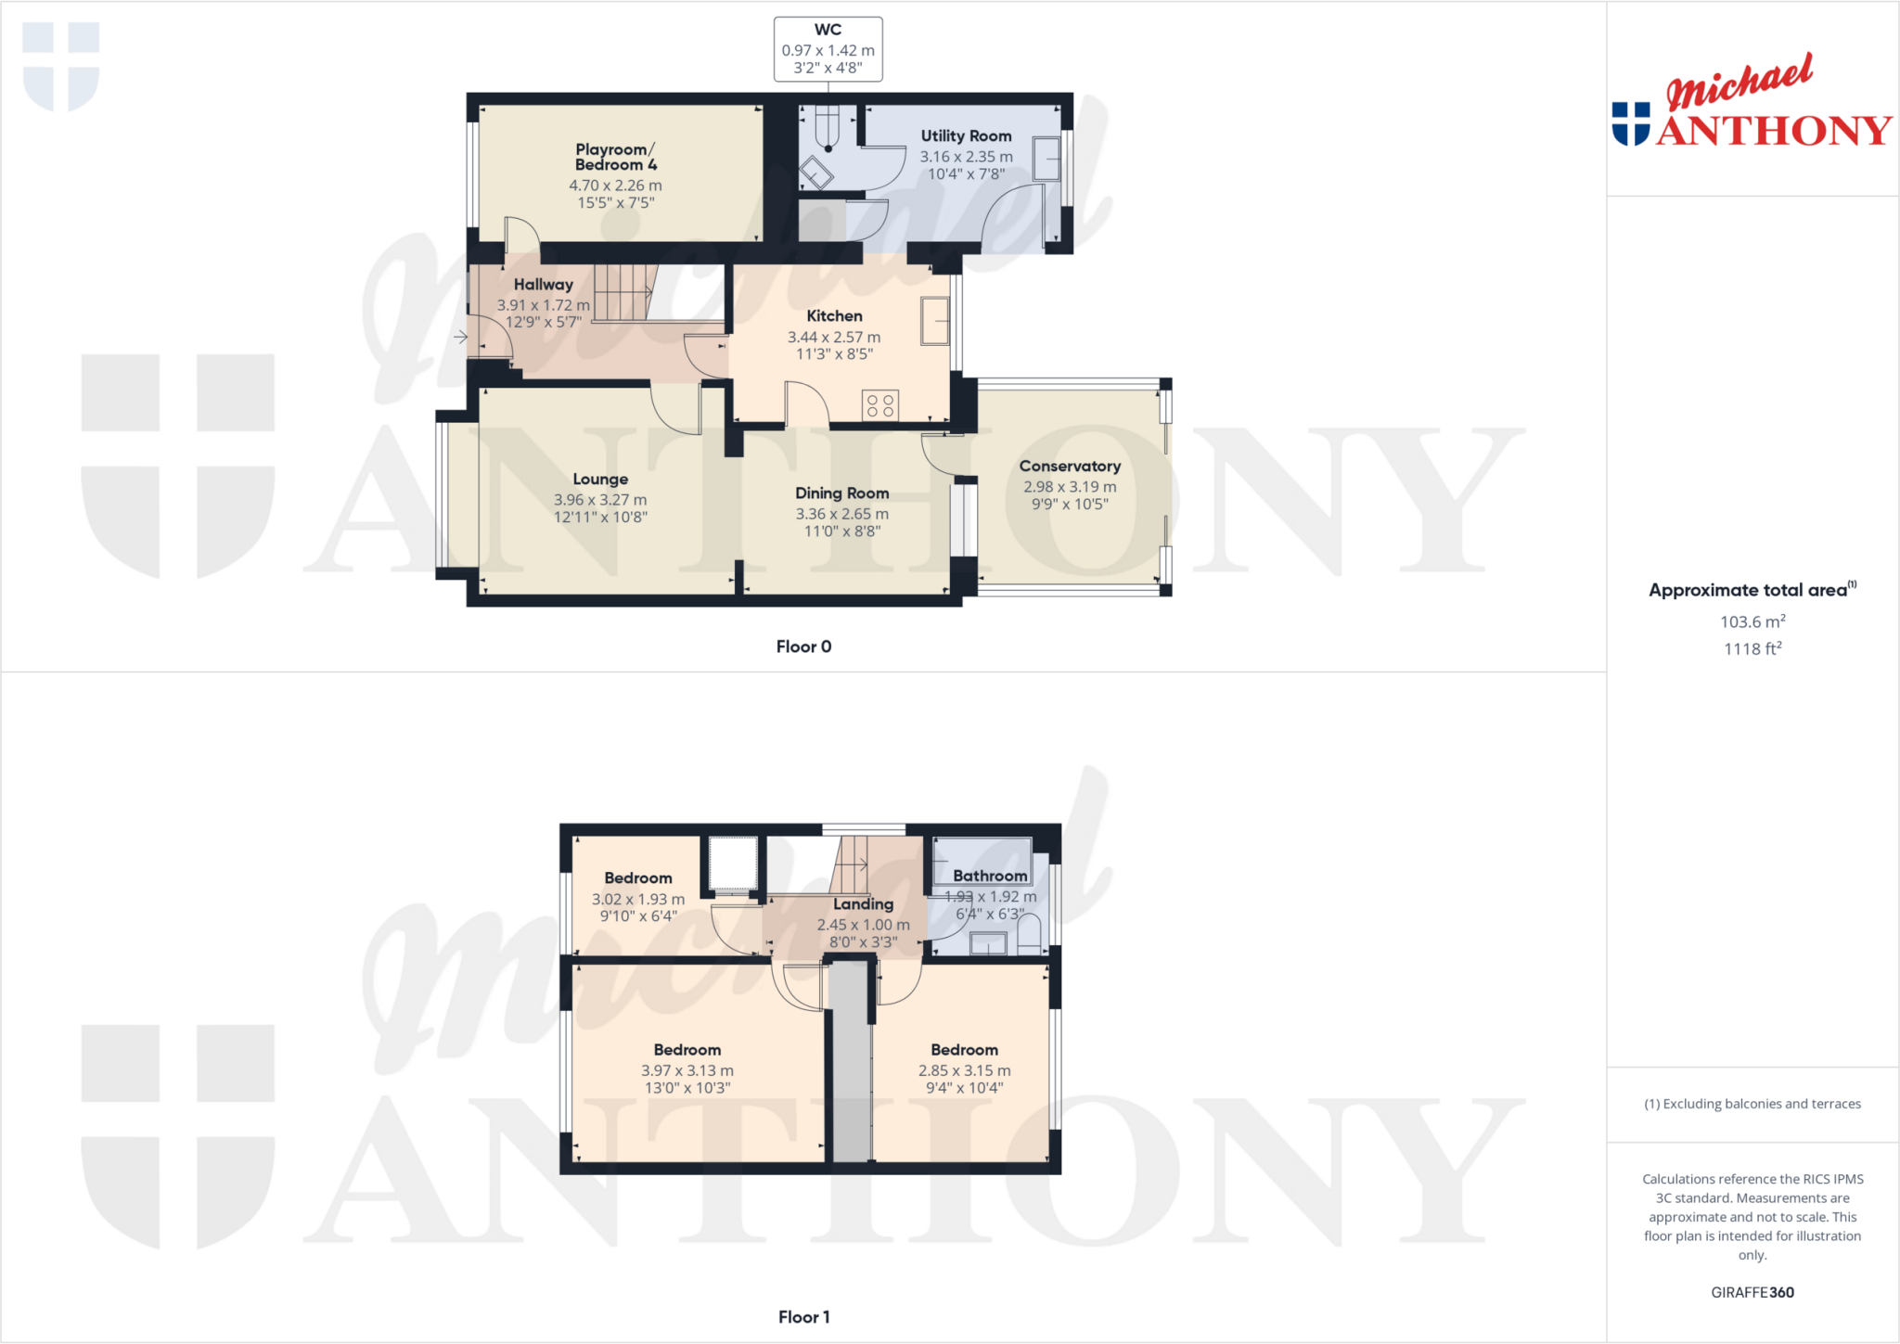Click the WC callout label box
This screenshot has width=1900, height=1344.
click(x=828, y=49)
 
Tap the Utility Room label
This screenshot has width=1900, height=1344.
click(x=966, y=136)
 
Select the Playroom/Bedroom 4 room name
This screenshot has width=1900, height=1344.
click(x=615, y=157)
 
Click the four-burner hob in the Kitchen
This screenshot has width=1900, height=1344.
click(x=879, y=405)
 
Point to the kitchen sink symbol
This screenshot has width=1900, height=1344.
click(x=934, y=321)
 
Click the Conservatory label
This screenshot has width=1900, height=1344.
click(x=1070, y=466)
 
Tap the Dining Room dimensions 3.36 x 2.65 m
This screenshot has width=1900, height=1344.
click(x=841, y=514)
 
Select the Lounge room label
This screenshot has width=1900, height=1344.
click(x=600, y=479)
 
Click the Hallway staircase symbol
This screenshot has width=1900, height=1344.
click(x=623, y=292)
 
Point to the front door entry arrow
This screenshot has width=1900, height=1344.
click(x=460, y=337)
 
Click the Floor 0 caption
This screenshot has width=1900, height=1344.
click(x=803, y=646)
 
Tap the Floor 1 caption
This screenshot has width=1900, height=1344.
click(x=803, y=1317)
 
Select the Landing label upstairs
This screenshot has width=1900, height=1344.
click(x=863, y=903)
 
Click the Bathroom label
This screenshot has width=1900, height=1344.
click(x=990, y=876)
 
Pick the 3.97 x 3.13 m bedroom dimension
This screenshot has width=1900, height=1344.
click(x=687, y=1070)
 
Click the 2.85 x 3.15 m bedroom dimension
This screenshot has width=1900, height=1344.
click(x=964, y=1070)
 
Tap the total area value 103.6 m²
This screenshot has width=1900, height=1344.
click(x=1752, y=621)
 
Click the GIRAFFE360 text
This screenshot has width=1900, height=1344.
click(x=1752, y=1292)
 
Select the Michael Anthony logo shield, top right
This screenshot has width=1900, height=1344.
click(x=1631, y=123)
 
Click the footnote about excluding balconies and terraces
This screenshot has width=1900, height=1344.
click(x=1752, y=1104)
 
